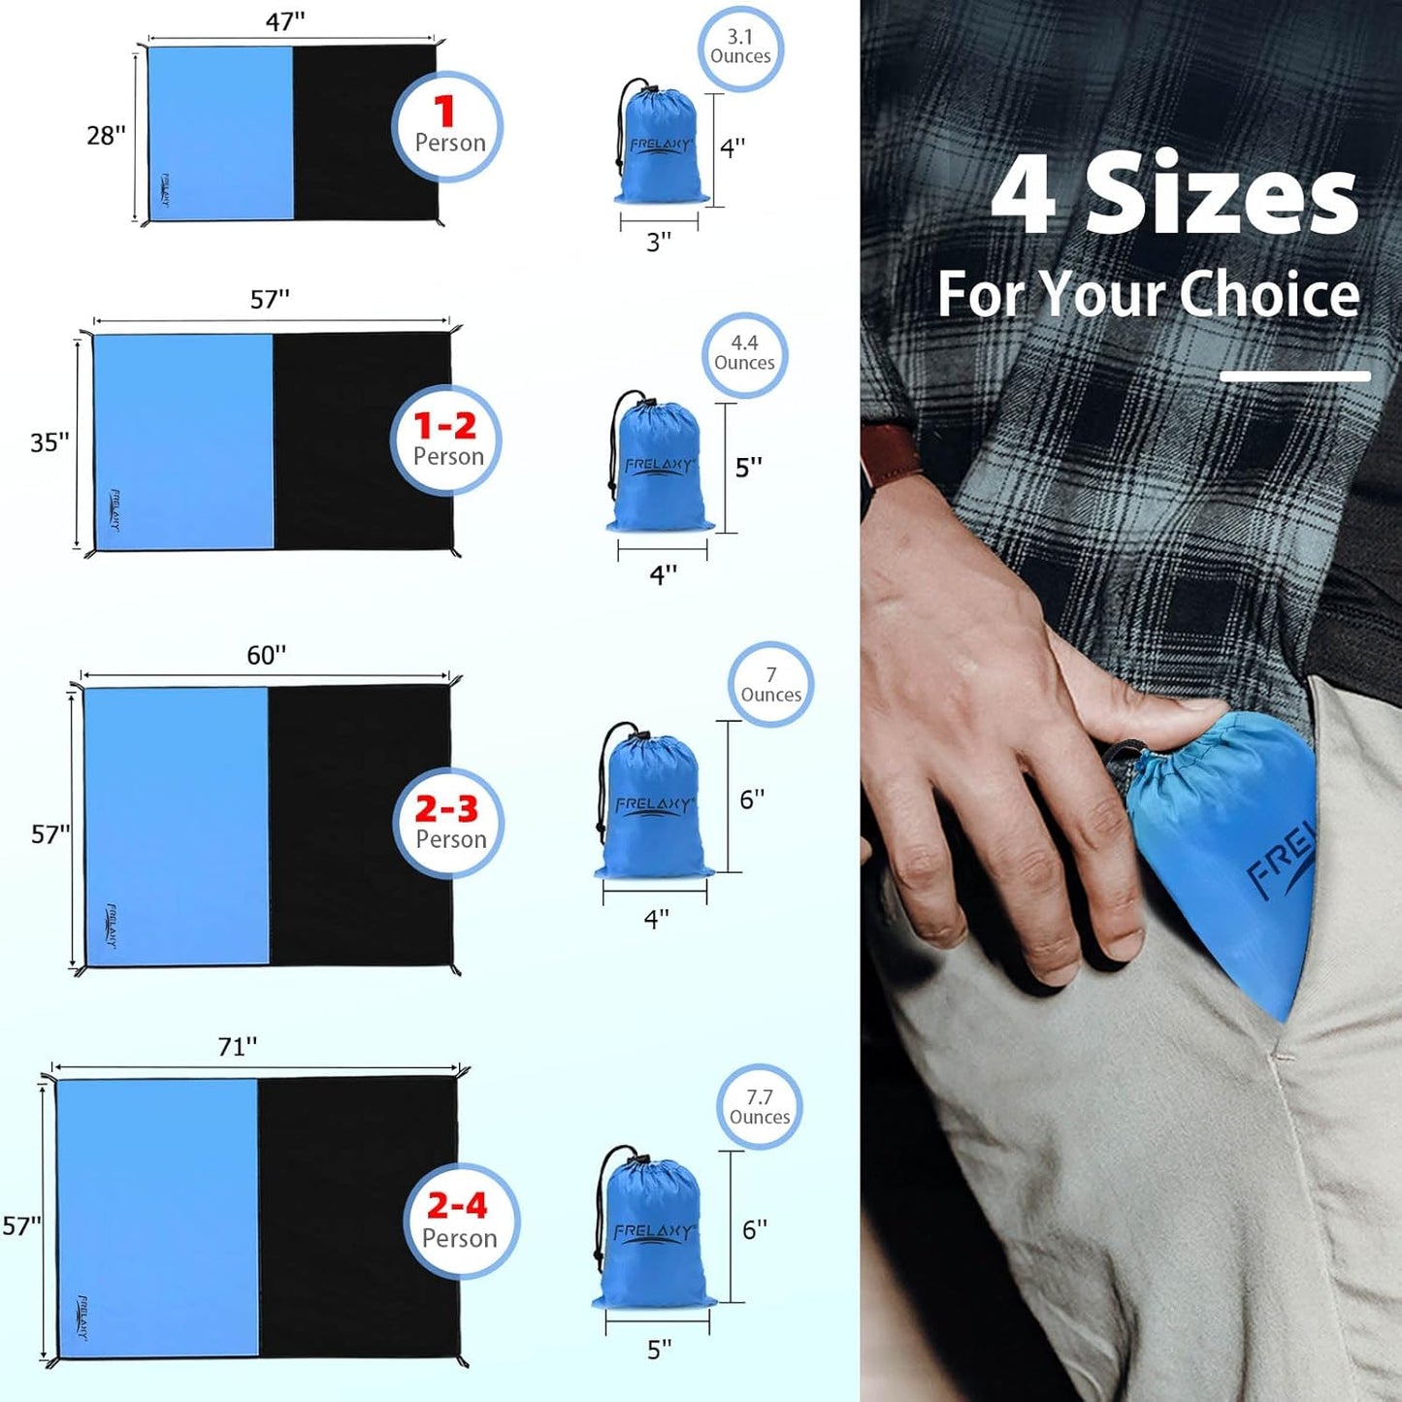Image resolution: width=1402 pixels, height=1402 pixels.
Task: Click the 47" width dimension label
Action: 285,22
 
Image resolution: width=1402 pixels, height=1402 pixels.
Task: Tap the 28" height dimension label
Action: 106,136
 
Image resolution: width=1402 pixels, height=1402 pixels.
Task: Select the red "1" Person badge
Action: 447,127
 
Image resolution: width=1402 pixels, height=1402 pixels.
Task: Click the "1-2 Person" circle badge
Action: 446,440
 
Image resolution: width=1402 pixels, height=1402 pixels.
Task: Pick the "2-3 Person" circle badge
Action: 448,823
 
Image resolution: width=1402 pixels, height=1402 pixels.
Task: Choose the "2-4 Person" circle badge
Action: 461,1221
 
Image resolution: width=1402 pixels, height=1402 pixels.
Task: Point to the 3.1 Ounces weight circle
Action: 740,48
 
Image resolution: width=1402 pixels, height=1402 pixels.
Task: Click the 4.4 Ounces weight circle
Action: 744,354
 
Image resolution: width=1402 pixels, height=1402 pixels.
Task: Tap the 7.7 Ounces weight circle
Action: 760,1107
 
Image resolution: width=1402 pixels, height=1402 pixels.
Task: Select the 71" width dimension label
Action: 237,1047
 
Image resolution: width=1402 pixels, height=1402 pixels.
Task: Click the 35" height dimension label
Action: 49,442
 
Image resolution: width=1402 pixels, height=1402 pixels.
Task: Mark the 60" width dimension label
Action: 266,656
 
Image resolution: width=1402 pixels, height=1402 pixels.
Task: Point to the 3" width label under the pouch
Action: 659,243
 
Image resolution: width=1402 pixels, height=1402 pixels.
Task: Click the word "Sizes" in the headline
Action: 1222,196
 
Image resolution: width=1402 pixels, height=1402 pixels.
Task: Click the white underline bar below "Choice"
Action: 1294,376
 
